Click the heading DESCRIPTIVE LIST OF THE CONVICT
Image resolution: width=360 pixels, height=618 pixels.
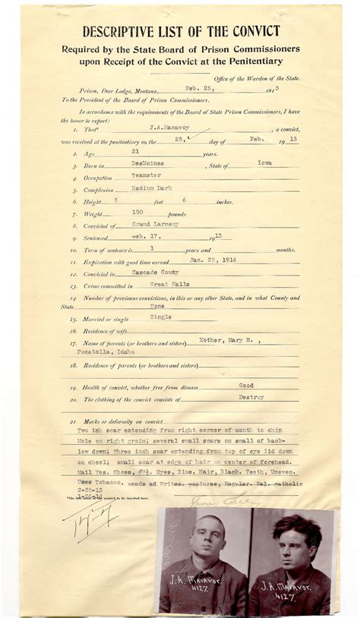click(181, 32)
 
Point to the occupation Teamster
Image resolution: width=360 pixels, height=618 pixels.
click(145, 175)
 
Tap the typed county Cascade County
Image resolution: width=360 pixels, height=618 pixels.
click(151, 273)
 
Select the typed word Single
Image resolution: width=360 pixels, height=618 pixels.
click(161, 317)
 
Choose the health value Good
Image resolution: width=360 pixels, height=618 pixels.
click(245, 385)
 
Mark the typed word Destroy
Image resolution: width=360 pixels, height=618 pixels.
click(251, 397)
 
